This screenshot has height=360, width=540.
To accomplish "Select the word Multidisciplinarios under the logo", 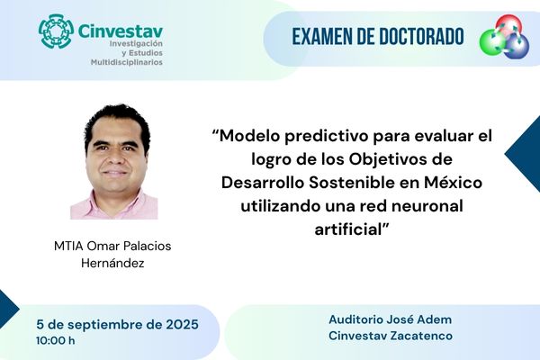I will pos(127,63).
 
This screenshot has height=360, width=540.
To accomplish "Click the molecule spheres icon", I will pos(505,37).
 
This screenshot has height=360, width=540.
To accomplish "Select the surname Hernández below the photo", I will pos(113,264).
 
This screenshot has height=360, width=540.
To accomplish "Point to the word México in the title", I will pos(451,183).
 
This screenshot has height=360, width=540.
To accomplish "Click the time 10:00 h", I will pos(56,341).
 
